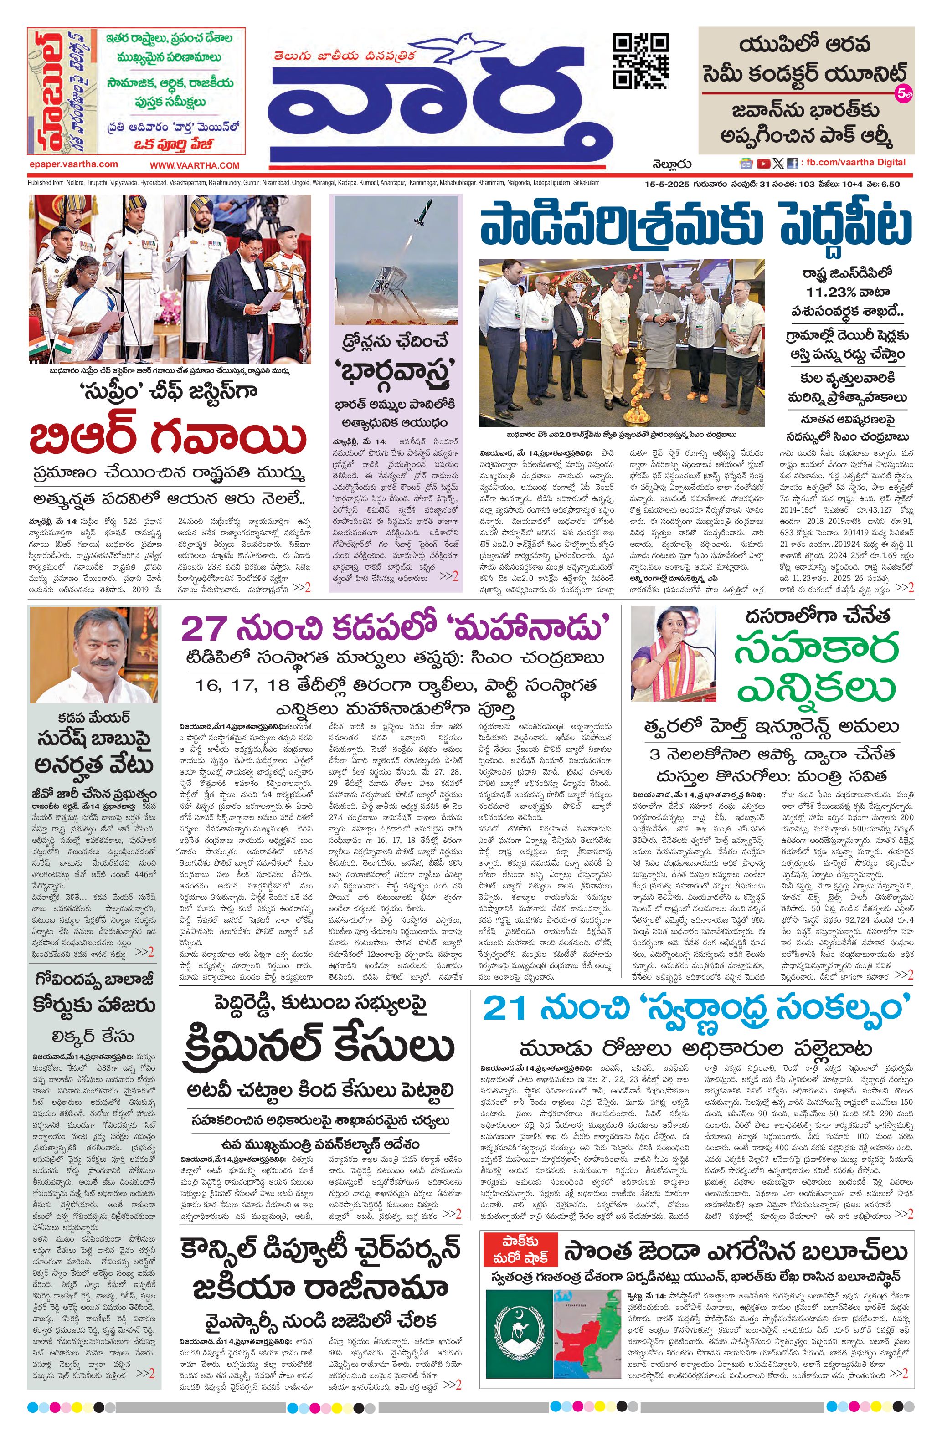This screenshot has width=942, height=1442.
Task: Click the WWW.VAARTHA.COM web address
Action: (x=195, y=165)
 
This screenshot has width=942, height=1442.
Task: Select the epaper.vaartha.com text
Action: (x=73, y=164)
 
